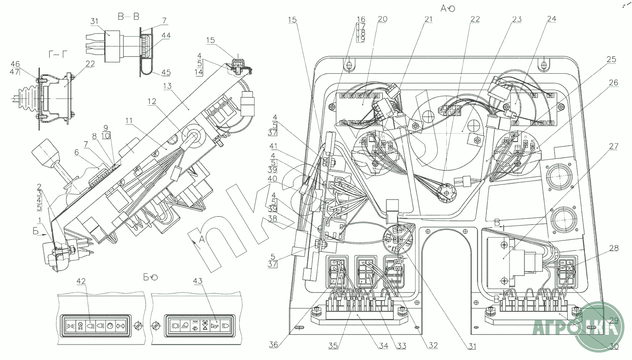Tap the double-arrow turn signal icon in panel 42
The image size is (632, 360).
120,326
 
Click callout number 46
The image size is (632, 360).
15,64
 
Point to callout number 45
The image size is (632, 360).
166,73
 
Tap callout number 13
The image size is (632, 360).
167,86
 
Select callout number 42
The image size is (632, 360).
81,281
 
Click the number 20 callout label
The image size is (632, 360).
383,19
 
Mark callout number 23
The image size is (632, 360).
517,19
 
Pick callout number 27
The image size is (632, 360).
613,146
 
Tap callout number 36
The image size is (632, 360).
274,345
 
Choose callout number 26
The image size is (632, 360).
613,83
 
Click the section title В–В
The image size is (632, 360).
128,17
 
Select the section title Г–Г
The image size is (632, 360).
58,55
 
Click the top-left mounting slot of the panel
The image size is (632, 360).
348,65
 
